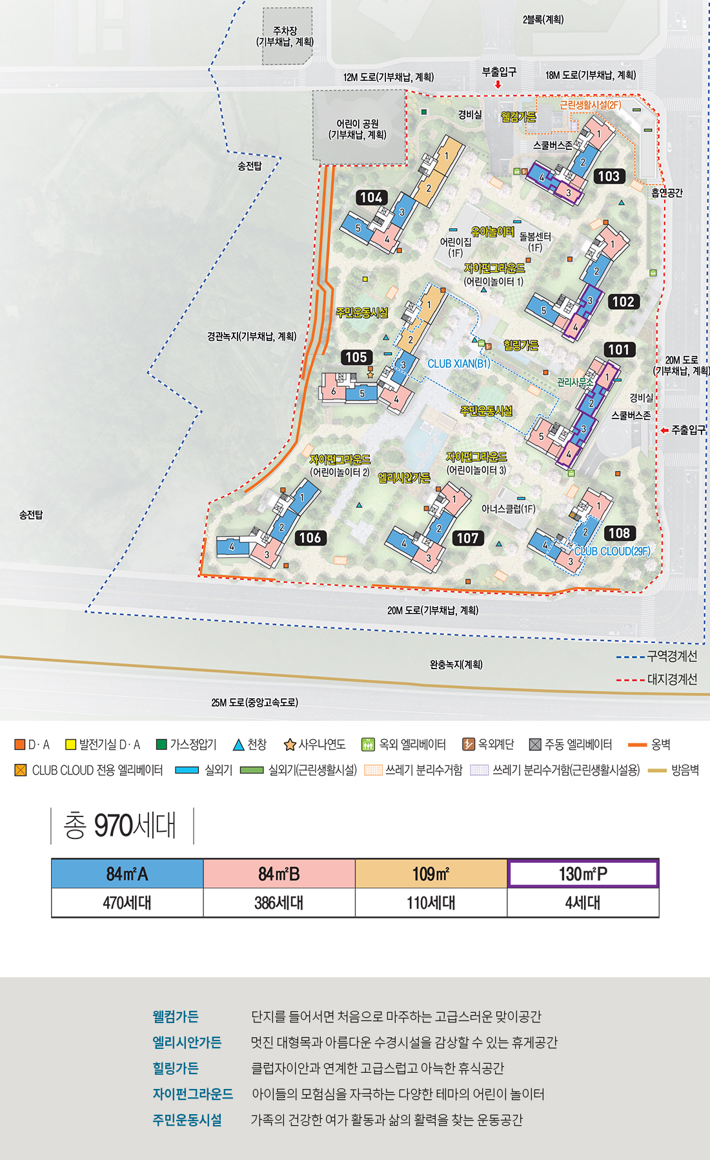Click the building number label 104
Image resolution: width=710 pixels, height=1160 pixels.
(x=371, y=198)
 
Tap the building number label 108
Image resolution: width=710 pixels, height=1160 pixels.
(x=619, y=533)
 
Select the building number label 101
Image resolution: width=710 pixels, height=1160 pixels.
(x=619, y=350)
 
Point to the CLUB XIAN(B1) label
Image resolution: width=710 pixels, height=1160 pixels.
(x=458, y=364)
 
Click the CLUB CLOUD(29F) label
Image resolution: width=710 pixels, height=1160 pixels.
(x=613, y=552)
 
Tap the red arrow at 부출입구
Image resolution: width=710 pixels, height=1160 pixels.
(x=498, y=85)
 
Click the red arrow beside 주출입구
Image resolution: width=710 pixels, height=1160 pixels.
(x=664, y=430)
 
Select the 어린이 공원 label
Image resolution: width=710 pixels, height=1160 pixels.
(x=358, y=129)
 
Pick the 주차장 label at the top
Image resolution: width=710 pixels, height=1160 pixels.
(x=285, y=36)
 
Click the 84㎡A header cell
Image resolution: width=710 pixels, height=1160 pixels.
(x=127, y=874)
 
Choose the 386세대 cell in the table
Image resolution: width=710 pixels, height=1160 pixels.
(x=279, y=903)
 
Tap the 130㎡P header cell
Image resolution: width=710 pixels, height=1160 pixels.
(x=583, y=874)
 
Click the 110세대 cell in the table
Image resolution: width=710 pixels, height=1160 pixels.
(x=431, y=903)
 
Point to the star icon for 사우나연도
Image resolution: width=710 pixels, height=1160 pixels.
(x=290, y=745)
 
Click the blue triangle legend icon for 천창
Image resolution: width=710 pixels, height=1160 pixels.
(x=238, y=745)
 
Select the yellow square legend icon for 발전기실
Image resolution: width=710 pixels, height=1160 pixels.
(x=71, y=745)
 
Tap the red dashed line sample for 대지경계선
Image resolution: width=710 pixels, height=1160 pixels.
(x=630, y=680)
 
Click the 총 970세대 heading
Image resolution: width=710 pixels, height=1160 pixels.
(x=120, y=825)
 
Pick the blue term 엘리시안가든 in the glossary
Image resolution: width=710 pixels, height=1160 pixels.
(x=187, y=1042)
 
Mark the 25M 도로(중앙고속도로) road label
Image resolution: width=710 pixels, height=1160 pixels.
(x=254, y=703)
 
